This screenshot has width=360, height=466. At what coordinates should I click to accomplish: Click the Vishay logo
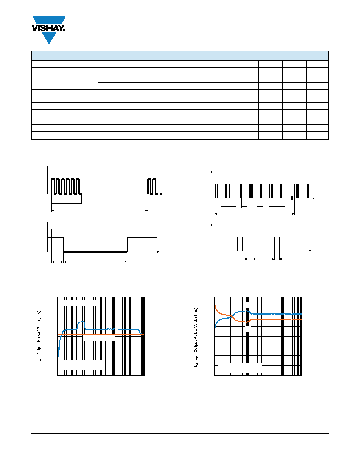(x=48, y=30)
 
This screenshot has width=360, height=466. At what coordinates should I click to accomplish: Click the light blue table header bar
(x=180, y=56)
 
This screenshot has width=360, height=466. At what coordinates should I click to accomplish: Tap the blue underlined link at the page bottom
(x=245, y=457)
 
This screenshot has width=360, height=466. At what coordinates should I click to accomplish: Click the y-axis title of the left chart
(x=39, y=337)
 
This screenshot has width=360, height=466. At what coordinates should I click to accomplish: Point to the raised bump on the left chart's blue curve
(x=82, y=325)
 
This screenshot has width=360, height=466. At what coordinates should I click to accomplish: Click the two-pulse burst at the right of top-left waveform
(x=152, y=186)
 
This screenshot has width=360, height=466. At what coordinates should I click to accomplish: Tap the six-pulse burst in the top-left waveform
(x=65, y=186)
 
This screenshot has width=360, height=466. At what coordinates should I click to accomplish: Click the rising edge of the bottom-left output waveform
(x=127, y=244)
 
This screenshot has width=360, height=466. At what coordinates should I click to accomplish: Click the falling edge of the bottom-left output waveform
(x=63, y=244)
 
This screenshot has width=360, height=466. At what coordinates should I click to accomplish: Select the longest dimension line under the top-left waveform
(x=100, y=211)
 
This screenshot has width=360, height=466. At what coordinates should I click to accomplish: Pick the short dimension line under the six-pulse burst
(x=67, y=203)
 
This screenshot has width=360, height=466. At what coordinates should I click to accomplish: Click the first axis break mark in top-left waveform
(x=93, y=194)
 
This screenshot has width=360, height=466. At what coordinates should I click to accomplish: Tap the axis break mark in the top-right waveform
(x=292, y=198)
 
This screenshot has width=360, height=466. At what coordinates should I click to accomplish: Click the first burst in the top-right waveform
(x=217, y=191)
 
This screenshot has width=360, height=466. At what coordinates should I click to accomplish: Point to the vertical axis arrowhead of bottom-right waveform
(x=211, y=224)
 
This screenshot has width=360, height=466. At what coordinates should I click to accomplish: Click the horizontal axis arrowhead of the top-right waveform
(x=314, y=198)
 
